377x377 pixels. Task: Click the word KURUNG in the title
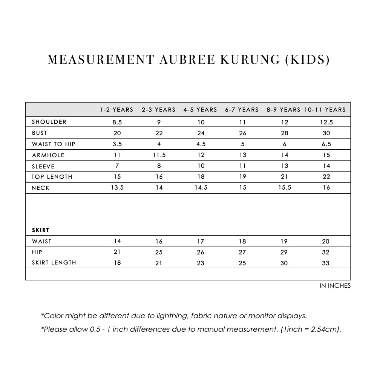pos(241,60)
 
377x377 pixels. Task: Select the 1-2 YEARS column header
pos(116,110)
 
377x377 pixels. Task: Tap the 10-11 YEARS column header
pos(325,110)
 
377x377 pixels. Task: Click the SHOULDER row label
pos(49,122)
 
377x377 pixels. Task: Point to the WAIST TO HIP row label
pos(54,144)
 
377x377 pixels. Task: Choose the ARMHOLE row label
pos(48,155)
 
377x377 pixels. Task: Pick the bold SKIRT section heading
pos(41,230)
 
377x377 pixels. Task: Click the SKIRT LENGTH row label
pos(54,263)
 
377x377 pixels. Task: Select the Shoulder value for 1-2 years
pos(117,122)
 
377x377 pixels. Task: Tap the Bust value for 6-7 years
pos(242,133)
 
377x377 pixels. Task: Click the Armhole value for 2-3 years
pos(159,155)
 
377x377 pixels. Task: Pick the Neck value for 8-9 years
pos(284,188)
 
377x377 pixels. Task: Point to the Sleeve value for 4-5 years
pos(201,166)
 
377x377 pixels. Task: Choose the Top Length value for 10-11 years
pos(326,177)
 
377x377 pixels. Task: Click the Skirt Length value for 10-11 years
pos(326,263)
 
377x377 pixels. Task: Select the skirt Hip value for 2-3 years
pos(159,252)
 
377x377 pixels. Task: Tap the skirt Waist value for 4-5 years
pos(201,241)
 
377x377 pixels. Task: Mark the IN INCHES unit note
pos(335,286)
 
